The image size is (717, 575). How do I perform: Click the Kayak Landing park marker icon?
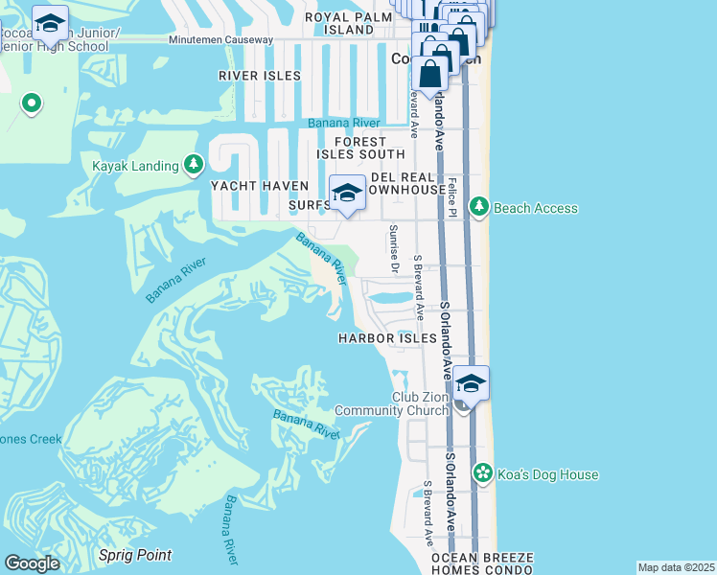point(194,165)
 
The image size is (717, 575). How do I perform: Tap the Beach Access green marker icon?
point(478,207)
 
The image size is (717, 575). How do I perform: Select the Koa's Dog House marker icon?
point(484,473)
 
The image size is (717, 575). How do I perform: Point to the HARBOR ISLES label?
point(387,338)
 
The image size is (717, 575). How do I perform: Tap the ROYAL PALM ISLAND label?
point(348,23)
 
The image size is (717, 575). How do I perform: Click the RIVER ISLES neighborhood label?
point(259,76)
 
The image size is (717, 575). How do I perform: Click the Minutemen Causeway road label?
point(220,40)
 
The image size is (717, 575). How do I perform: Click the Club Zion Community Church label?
point(393,404)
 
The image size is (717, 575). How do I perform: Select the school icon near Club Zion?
point(470,383)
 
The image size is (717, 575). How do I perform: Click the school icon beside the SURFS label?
point(346,194)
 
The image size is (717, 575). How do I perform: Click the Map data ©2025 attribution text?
point(676,567)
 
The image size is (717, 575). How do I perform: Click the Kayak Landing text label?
point(135,166)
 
